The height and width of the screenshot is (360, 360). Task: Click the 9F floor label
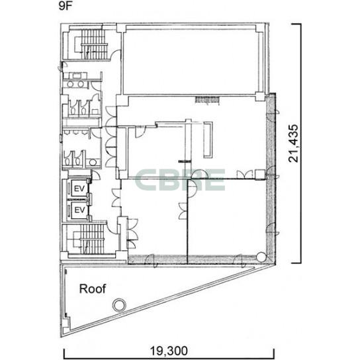[66, 6]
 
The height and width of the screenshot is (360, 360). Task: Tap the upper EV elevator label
[79, 189]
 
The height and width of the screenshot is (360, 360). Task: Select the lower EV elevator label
[79, 210]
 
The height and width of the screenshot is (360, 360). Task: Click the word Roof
[93, 289]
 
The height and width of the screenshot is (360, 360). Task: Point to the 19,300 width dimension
[169, 351]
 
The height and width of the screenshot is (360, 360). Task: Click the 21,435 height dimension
[293, 144]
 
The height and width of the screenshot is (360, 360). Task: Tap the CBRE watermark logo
[179, 180]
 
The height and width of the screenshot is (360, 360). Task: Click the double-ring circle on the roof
[119, 305]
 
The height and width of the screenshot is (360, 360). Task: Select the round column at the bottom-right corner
[261, 257]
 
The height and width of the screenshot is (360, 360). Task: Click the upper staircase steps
[94, 44]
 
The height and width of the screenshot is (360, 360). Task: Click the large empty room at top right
[191, 61]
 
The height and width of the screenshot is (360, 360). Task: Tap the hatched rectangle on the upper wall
[207, 99]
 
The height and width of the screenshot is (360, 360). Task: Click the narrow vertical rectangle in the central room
[208, 140]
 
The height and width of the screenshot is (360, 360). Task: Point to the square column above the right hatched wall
[260, 97]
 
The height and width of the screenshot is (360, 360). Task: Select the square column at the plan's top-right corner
[260, 27]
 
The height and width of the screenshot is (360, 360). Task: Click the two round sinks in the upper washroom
[75, 84]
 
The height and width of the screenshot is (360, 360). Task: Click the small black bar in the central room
[185, 161]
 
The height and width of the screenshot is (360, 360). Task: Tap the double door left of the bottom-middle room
[116, 198]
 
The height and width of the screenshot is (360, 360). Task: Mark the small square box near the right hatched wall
[260, 174]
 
